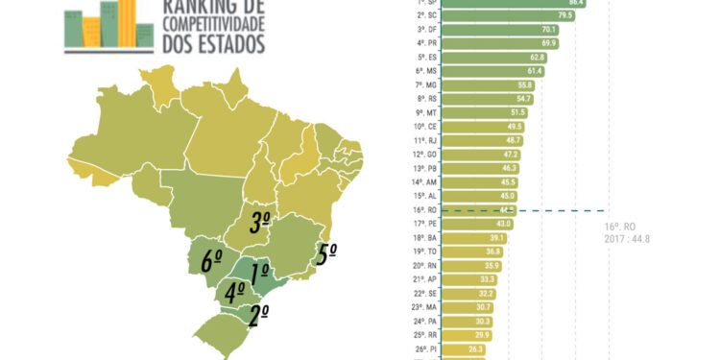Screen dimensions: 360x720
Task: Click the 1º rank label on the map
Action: point(259,273)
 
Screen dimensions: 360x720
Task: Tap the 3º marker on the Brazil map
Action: point(259,224)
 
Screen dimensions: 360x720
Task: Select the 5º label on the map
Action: point(326,255)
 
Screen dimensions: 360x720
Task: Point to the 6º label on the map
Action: point(212,258)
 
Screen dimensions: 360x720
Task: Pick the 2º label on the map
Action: point(258,314)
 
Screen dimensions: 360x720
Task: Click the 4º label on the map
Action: point(234,291)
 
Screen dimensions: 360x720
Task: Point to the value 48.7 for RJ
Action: point(514,140)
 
